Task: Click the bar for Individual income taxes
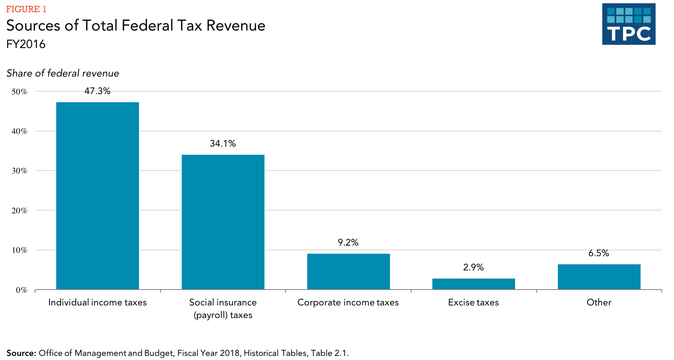(97, 195)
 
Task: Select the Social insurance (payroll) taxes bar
(223, 222)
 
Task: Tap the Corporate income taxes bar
(348, 271)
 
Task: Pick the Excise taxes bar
(474, 284)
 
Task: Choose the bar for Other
(599, 277)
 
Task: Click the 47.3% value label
(97, 91)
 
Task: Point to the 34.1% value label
(223, 143)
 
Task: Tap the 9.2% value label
(348, 243)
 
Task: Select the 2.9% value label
(474, 268)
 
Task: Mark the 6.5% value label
(599, 253)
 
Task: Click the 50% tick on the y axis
(20, 92)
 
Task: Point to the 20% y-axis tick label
(20, 211)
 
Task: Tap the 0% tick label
(22, 290)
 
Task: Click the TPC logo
(629, 24)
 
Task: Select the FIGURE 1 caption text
(26, 9)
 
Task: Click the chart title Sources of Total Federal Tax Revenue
(136, 26)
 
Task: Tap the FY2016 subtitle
(26, 44)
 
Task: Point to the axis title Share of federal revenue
(63, 73)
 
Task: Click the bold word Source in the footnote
(21, 353)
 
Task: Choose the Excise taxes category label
(474, 303)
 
